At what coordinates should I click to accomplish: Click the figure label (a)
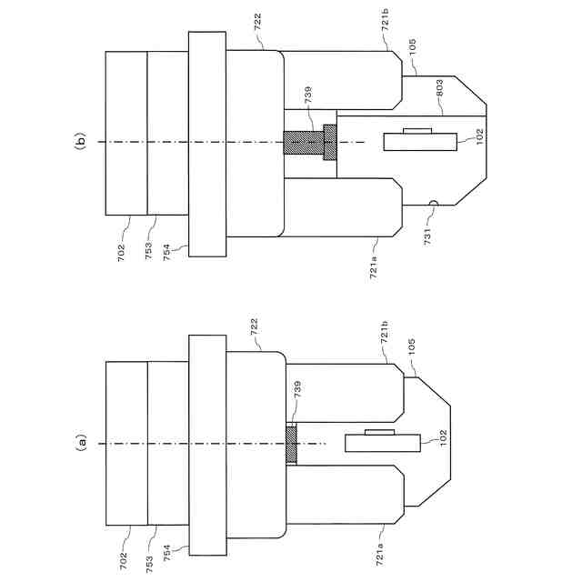coord(81,443)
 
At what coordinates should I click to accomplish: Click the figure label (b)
coord(81,141)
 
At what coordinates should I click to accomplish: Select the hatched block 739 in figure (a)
coord(291,444)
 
